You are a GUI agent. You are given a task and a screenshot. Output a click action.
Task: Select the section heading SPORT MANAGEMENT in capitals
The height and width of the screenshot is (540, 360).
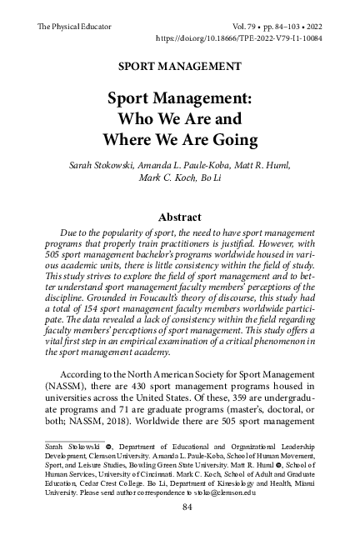[180, 64]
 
